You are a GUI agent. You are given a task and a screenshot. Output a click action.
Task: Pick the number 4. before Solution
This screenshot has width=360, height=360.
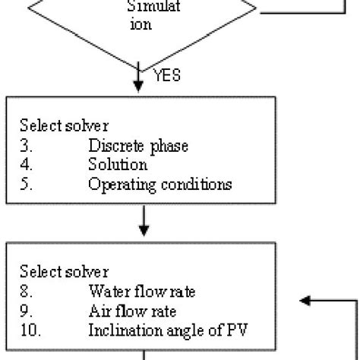point(24,165)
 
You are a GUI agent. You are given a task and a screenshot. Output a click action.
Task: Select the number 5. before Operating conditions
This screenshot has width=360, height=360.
point(24,183)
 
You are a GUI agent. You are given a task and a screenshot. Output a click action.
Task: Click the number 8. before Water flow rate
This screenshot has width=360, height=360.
point(24,289)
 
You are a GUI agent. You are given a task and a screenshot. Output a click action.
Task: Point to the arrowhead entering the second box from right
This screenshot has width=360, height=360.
point(306,300)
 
